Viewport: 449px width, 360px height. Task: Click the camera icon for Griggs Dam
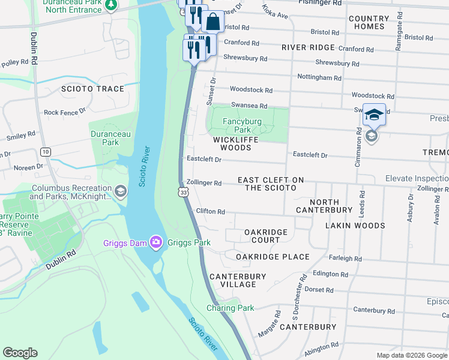click(156, 242)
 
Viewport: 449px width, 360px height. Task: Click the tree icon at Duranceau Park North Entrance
click(110, 5)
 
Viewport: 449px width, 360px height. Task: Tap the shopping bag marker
click(213, 22)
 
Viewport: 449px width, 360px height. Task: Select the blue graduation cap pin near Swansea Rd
click(373, 115)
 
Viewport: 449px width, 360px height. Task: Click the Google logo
click(20, 353)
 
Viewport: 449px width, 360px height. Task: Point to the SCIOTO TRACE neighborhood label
click(92, 89)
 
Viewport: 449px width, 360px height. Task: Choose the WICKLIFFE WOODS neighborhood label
click(235, 143)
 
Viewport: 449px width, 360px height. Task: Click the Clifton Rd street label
click(210, 212)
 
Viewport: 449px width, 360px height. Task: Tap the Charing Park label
click(230, 308)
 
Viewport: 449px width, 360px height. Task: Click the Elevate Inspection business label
click(417, 179)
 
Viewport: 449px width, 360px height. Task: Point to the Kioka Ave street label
click(276, 11)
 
